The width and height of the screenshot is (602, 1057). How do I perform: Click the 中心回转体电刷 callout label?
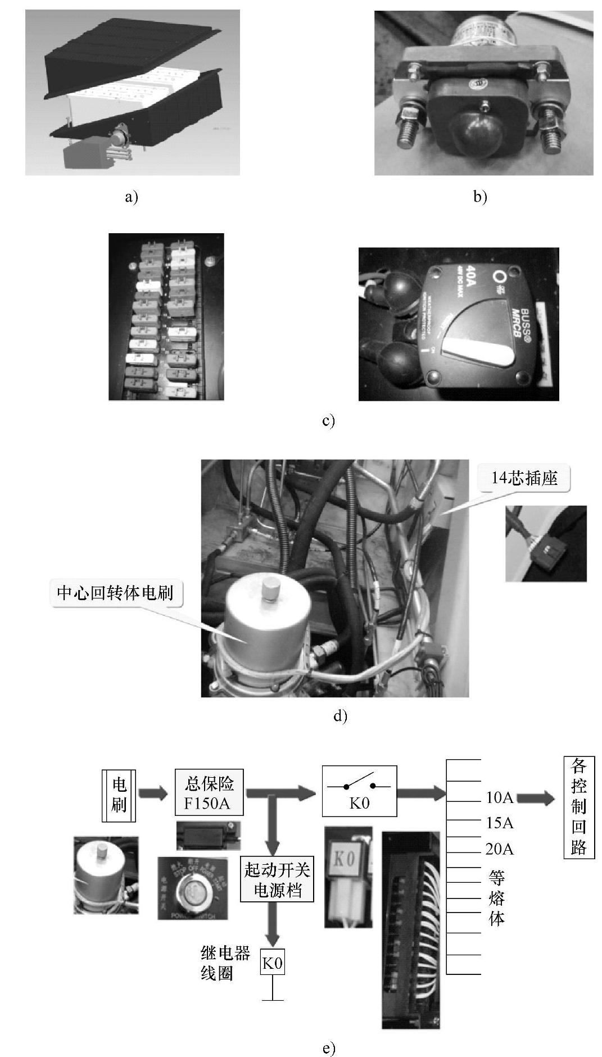click(x=115, y=593)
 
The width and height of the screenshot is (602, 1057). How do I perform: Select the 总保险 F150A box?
click(x=209, y=792)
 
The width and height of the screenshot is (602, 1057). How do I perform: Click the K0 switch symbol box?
click(x=359, y=791)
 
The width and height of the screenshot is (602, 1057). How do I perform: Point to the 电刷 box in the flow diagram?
click(x=119, y=795)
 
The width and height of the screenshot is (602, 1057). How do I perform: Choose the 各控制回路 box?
click(x=578, y=807)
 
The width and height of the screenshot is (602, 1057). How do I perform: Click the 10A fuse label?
click(x=500, y=798)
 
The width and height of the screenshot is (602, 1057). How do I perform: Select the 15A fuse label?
click(x=500, y=823)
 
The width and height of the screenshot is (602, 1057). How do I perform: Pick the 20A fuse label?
click(x=500, y=849)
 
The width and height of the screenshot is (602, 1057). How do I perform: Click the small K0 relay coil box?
click(x=273, y=963)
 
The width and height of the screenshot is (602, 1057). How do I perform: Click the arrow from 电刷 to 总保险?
click(x=153, y=793)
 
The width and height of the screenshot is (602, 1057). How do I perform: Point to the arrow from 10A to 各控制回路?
click(x=535, y=799)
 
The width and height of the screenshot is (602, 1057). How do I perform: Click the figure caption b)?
click(x=480, y=197)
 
